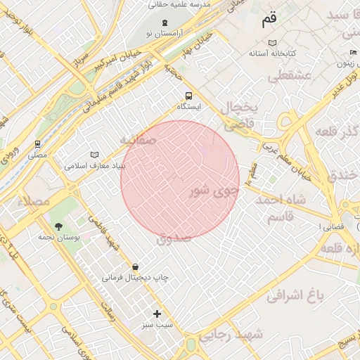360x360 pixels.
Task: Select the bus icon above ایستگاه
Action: click(x=188, y=95)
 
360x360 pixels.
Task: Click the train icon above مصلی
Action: click(x=37, y=143)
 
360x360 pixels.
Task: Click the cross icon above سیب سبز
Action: click(x=157, y=314)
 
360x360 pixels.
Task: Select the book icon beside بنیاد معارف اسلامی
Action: click(x=95, y=155)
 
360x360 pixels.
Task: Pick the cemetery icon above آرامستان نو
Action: click(x=164, y=22)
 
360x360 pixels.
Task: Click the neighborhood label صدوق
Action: click(x=174, y=238)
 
